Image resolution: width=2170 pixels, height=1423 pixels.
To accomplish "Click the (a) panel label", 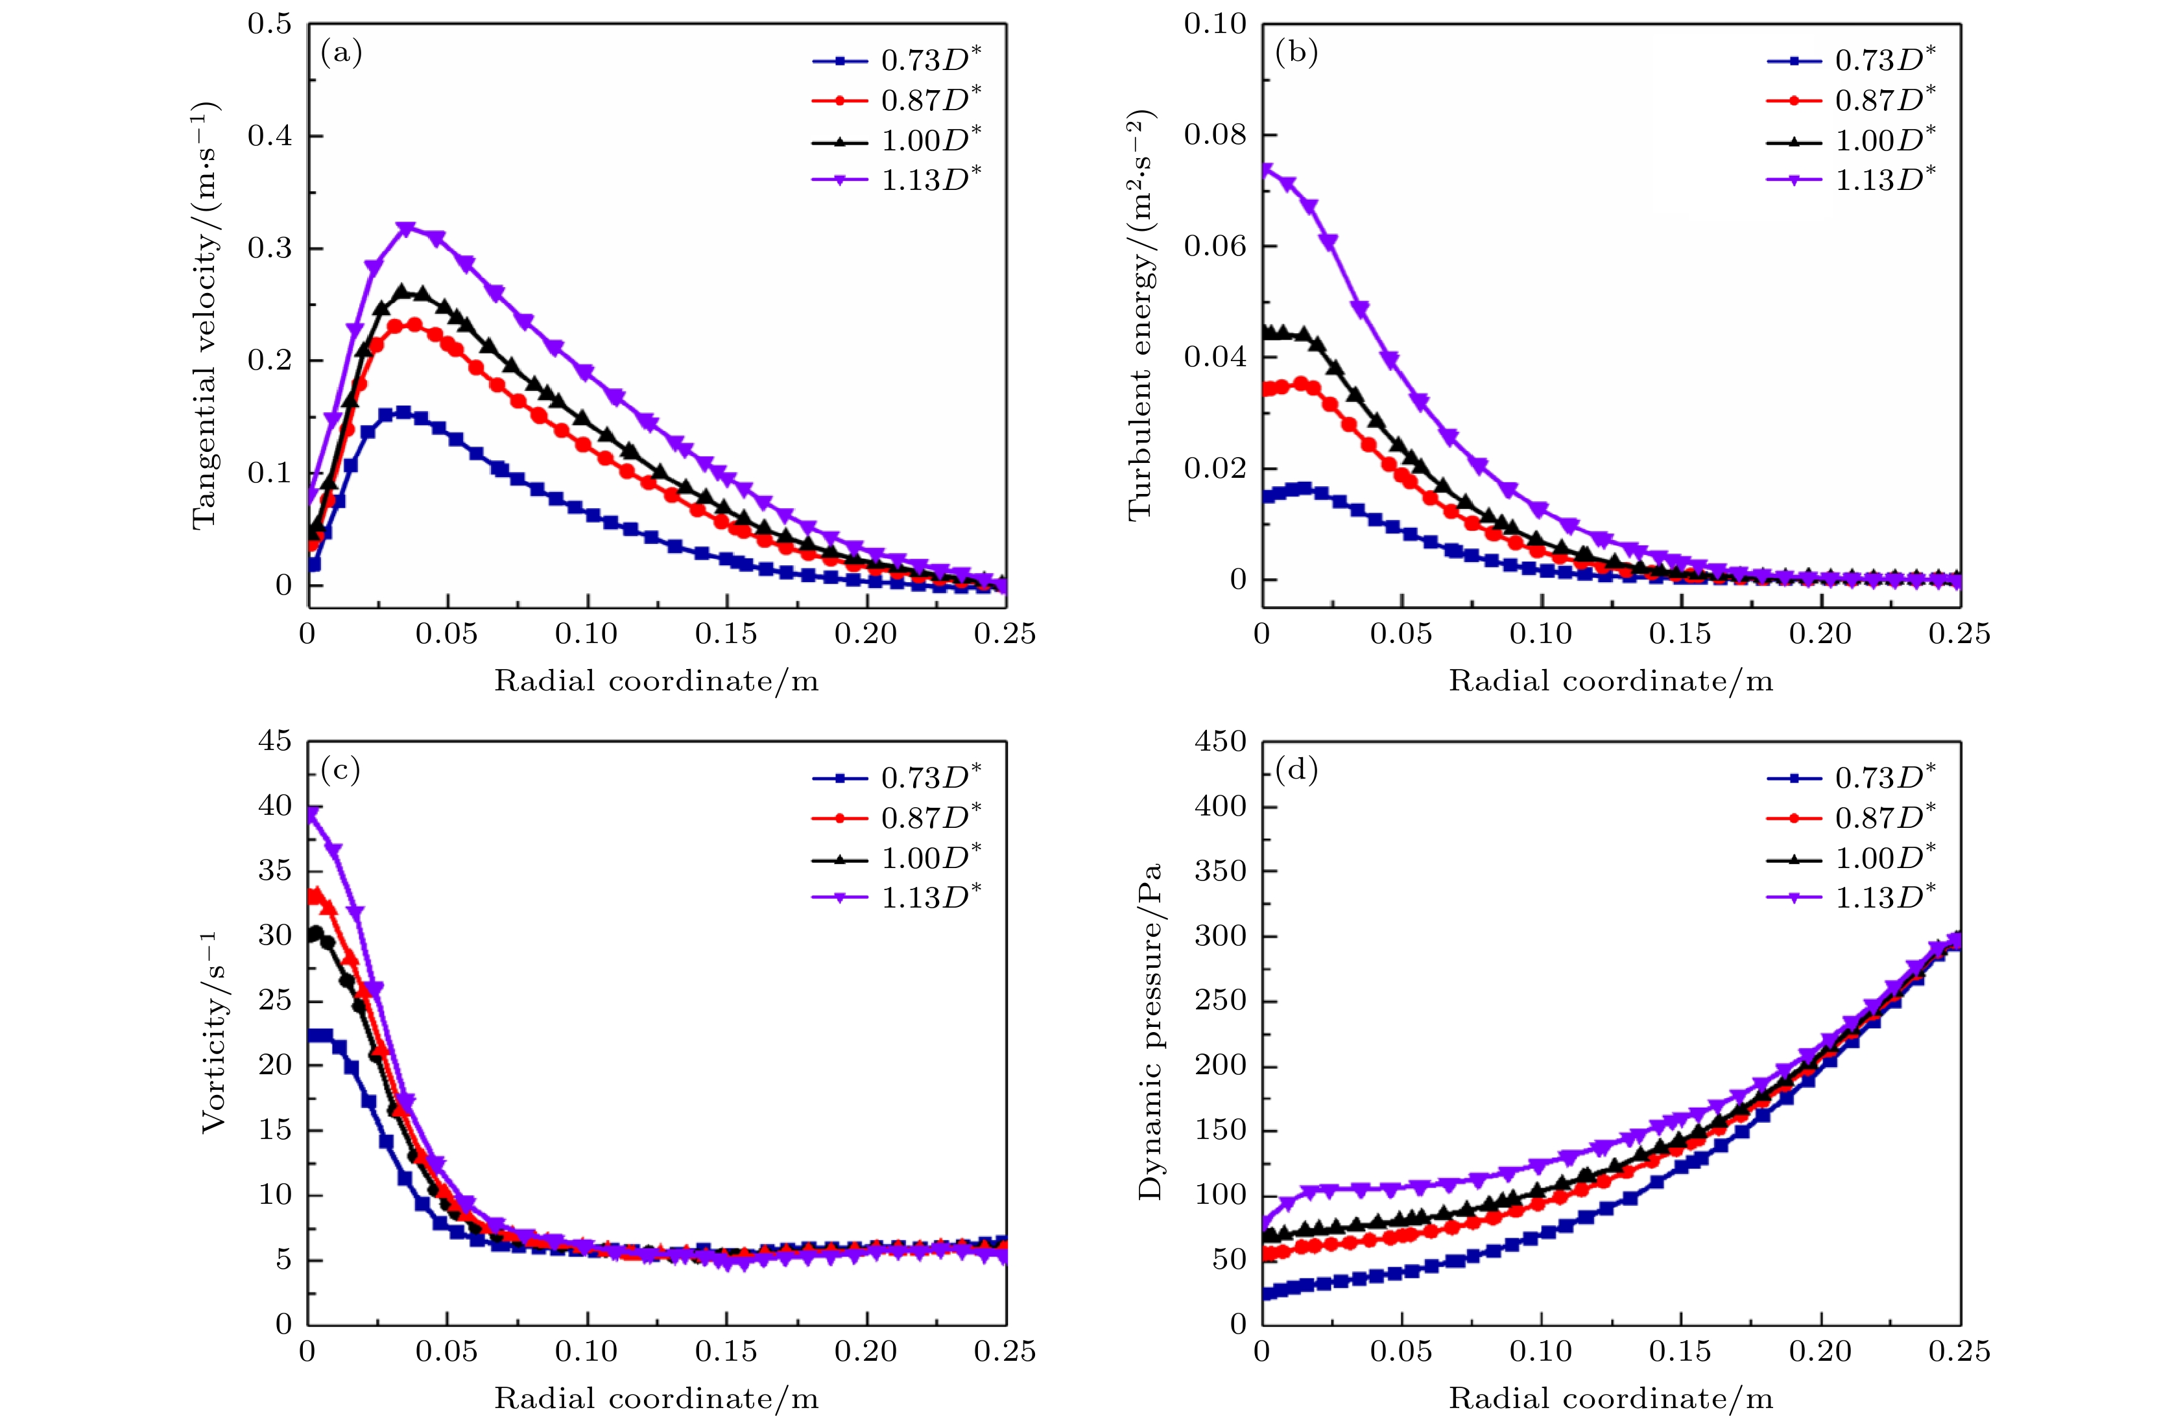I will [x=341, y=54].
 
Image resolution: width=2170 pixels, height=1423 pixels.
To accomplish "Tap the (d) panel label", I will [x=1296, y=771].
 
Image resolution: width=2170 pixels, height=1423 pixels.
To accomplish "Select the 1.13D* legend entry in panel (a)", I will [x=930, y=180].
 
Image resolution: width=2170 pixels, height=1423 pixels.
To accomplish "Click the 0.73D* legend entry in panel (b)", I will [x=1885, y=60].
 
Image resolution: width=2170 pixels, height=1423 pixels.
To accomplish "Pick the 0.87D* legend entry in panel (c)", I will [x=930, y=817].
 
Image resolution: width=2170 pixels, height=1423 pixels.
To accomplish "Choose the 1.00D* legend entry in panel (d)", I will [x=1885, y=858].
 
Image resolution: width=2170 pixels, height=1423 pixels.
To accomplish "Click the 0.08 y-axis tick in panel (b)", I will [x=1215, y=135].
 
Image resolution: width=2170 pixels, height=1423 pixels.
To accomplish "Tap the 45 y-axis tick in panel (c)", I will [x=274, y=741].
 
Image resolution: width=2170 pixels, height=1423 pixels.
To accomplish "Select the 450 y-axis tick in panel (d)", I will [x=1220, y=741].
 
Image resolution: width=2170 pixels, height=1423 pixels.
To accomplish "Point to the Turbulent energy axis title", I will [x=1141, y=314].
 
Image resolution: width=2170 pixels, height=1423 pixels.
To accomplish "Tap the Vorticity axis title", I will [x=213, y=1032].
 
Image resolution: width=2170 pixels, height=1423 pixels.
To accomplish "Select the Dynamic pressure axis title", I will [x=1151, y=1032].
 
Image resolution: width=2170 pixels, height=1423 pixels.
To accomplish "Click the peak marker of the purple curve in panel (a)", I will [x=407, y=228].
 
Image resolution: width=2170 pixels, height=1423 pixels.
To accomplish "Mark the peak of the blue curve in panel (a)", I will [x=402, y=412].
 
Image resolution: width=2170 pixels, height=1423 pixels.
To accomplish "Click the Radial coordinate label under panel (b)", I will [x=1610, y=681].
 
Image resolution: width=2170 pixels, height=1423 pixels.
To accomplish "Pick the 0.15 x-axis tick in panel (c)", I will [x=726, y=1351].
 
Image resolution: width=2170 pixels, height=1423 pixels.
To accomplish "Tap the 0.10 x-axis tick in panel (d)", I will [x=1541, y=1351].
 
